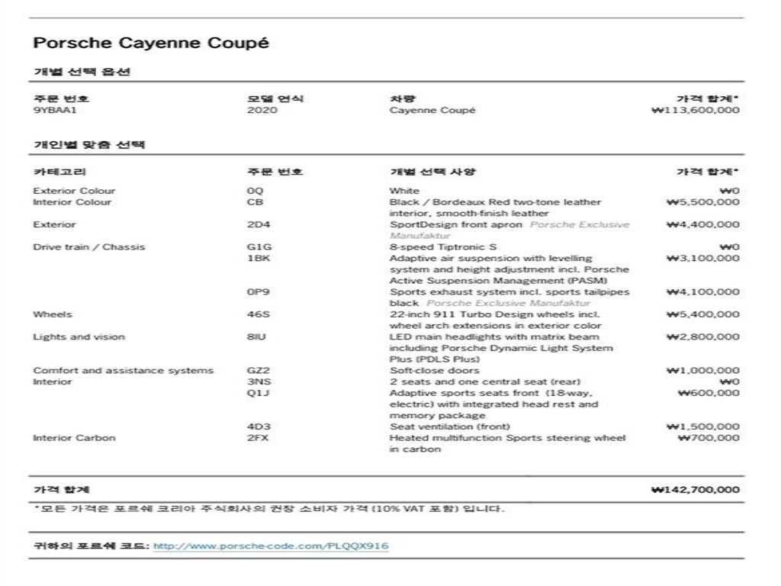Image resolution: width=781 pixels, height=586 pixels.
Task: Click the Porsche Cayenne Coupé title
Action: point(151,43)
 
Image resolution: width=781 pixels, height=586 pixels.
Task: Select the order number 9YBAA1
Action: point(55,111)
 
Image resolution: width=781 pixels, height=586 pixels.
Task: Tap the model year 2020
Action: point(262,111)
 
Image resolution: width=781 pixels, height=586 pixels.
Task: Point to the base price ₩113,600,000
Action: point(696,111)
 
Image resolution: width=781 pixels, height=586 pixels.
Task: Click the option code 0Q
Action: point(255,191)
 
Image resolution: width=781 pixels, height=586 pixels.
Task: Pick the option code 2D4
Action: point(259,225)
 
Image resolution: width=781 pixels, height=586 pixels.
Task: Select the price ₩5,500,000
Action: point(702,202)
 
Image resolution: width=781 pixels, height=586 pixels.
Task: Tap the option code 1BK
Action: point(259,259)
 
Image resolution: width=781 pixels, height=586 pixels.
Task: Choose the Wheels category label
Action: point(53,314)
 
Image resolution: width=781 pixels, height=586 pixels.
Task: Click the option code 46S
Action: point(259,314)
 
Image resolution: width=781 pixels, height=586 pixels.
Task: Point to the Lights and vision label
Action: point(79,337)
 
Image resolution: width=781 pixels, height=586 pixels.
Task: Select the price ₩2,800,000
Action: point(702,337)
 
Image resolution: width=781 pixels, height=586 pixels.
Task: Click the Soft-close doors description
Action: point(434,371)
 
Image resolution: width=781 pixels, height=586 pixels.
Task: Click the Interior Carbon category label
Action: point(74,438)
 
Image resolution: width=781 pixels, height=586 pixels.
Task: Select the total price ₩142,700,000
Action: point(696,490)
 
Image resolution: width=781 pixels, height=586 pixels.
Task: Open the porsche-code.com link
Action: point(271,546)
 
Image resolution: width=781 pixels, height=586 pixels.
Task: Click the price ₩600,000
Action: point(709,393)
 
